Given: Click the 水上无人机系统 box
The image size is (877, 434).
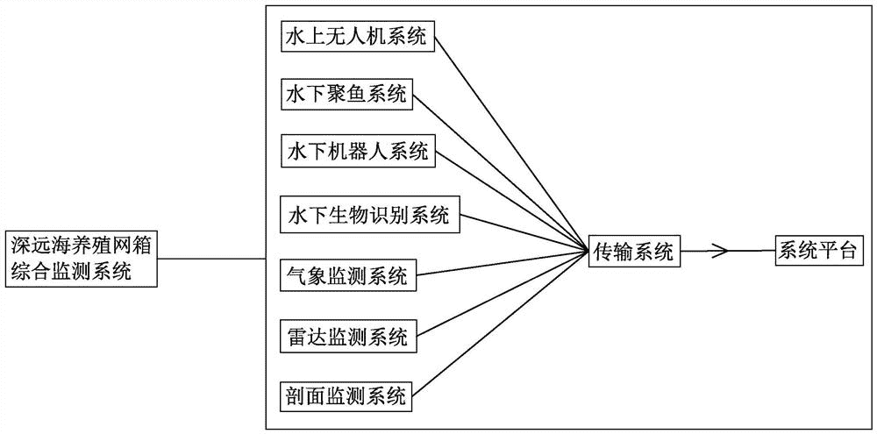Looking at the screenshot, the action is coord(357,38).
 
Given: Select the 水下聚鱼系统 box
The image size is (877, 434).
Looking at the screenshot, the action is coord(346,95).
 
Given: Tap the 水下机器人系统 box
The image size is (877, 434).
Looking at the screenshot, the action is coord(358,152).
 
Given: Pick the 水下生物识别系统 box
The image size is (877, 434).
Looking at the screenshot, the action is coord(369,216).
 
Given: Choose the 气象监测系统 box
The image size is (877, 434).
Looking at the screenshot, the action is coord(348,275).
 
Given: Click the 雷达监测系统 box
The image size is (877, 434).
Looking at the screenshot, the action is coord(348,338).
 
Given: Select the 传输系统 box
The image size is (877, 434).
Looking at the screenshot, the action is coord(633,253).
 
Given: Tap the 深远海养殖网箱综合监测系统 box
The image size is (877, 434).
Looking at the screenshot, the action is coord(80,258).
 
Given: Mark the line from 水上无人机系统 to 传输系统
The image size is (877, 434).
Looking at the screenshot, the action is coord(510,145).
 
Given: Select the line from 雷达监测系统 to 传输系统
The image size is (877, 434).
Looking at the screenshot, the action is coord(502,295).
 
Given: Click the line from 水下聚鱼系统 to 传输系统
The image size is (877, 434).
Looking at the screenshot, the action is coord(501,173).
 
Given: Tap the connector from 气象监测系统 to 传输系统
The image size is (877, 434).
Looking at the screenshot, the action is coord(502,264).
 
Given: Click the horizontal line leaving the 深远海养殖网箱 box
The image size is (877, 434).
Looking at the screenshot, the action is coord(211,259).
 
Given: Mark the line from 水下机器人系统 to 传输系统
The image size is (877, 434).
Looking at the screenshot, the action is coord(511,202).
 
